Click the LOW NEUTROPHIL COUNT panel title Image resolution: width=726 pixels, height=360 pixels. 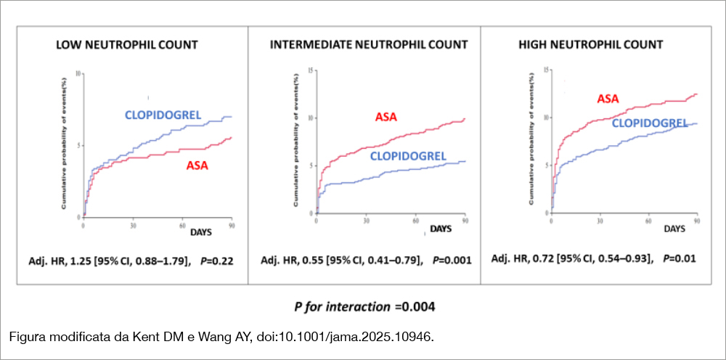pos(127,45)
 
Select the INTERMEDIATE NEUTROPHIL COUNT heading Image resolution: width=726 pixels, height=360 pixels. pos(369,45)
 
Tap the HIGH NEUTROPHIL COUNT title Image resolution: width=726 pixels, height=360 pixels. pos(590,45)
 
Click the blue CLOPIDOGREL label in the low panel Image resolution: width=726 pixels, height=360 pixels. pos(163,115)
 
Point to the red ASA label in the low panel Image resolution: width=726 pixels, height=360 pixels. pos(197,165)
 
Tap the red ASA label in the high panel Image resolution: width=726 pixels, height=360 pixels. pos(608,99)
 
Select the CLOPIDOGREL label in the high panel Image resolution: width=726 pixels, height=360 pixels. pos(650,123)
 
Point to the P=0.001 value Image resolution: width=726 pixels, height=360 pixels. pos(452,260)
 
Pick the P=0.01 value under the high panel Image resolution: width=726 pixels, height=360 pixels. pos(675,258)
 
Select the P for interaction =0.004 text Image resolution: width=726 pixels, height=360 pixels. pos(364,307)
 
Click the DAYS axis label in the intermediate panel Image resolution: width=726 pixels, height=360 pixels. pos(440,229)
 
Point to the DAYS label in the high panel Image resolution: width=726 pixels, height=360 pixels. pos(676,229)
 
